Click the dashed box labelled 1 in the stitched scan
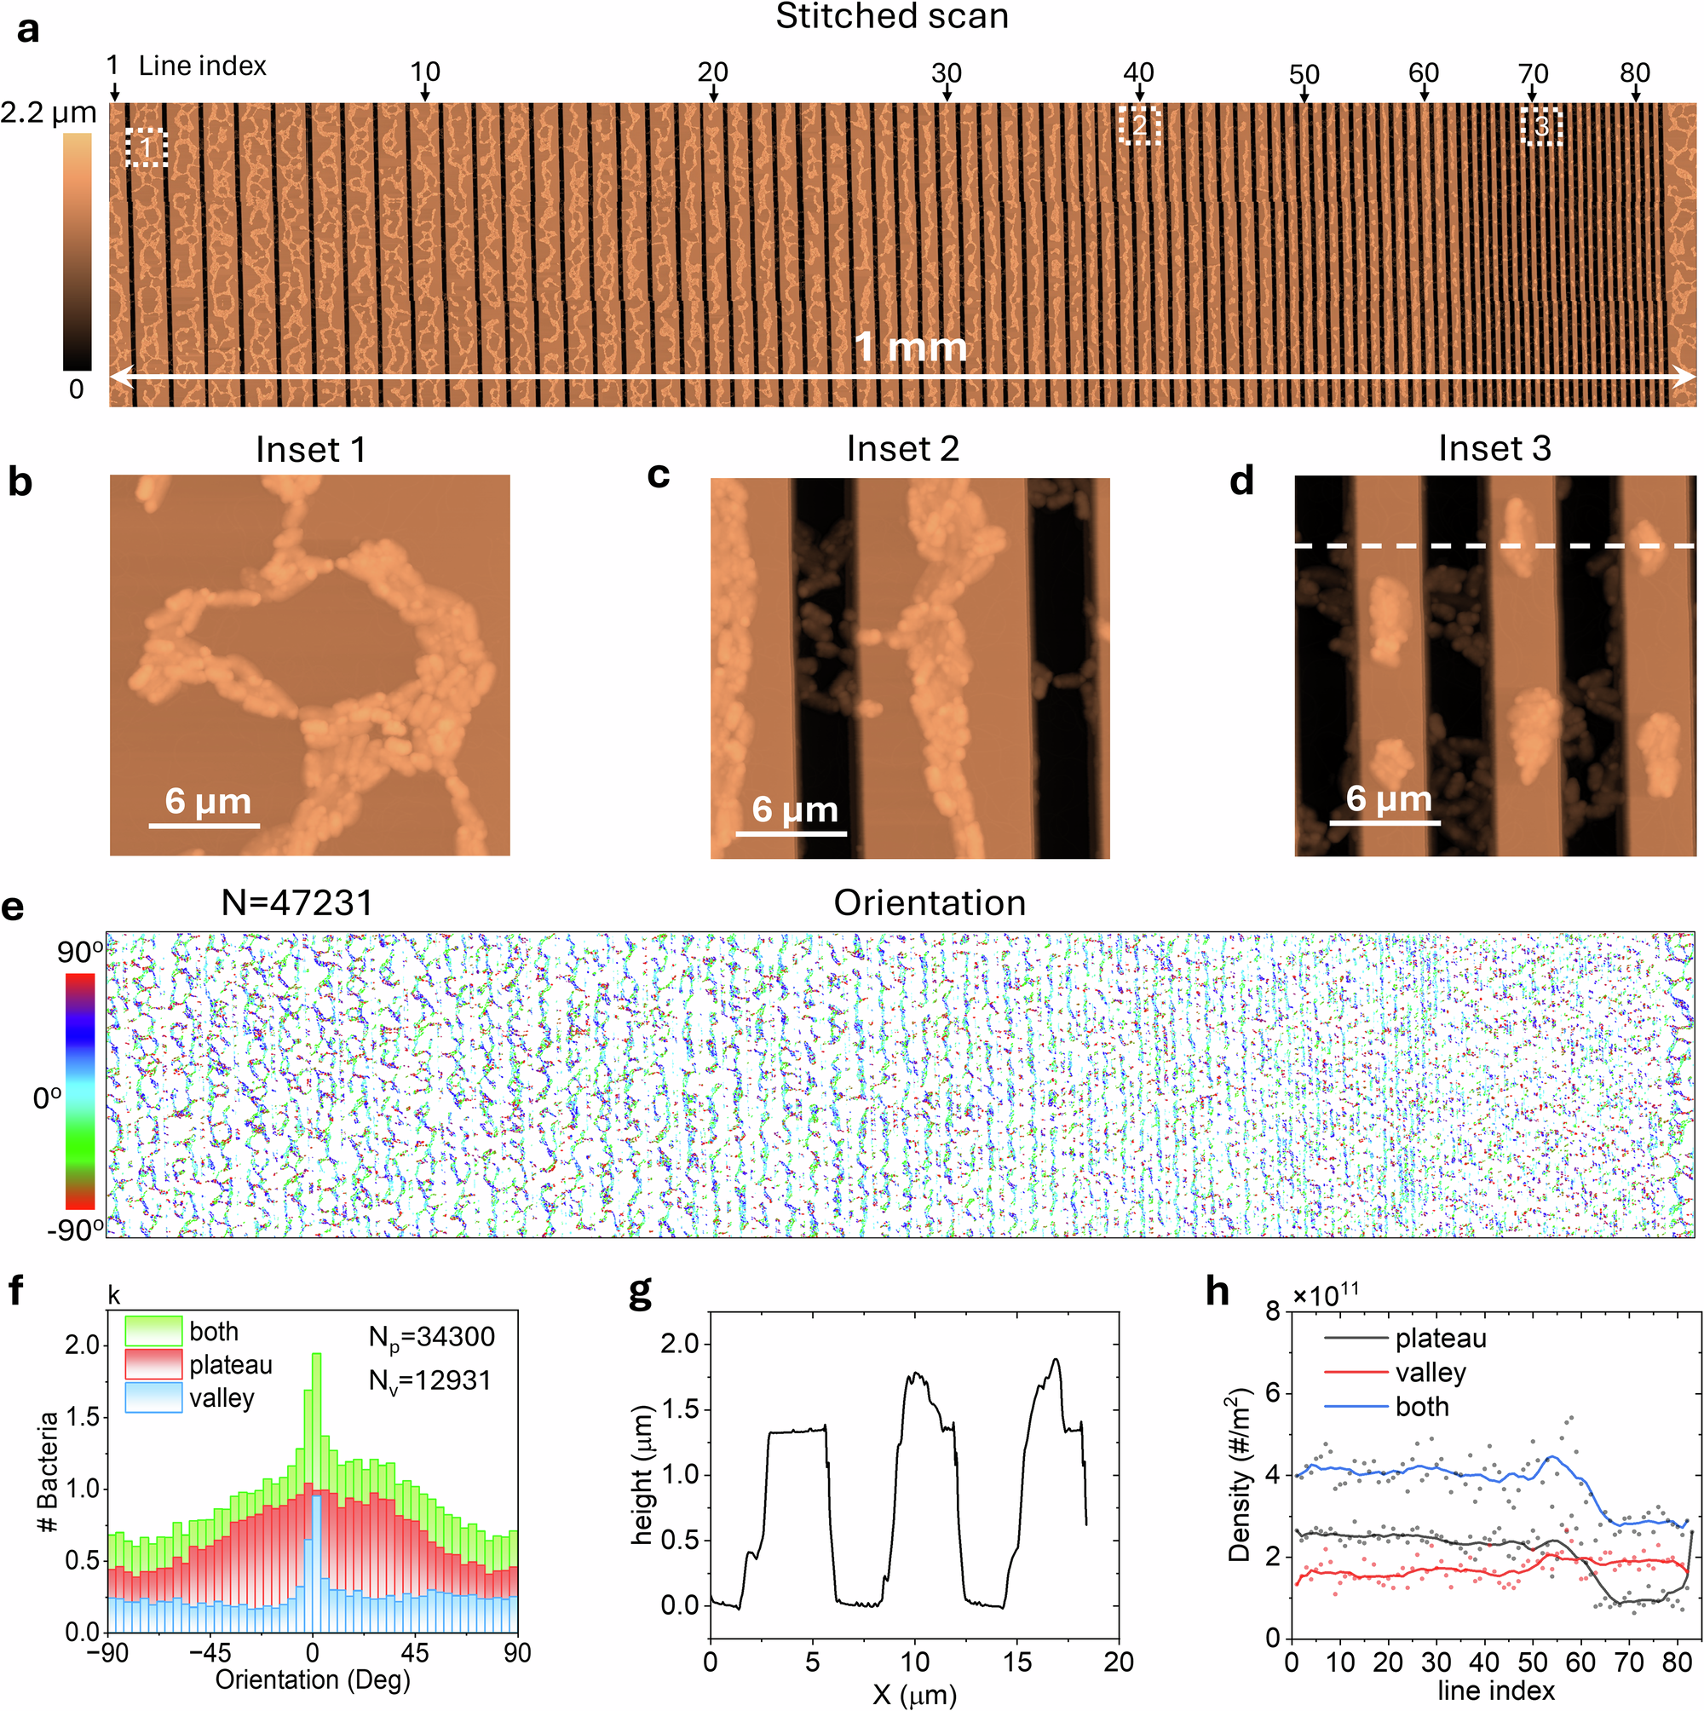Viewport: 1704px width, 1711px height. click(x=147, y=147)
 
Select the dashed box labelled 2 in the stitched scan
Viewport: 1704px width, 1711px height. click(x=1139, y=125)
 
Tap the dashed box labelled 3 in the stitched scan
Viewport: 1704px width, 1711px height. click(x=1541, y=127)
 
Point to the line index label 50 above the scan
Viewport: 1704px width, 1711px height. click(x=1304, y=74)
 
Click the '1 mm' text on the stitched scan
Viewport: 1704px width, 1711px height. click(x=911, y=346)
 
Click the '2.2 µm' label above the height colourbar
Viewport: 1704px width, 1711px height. click(x=49, y=113)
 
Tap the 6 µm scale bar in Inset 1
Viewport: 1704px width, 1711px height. click(x=204, y=825)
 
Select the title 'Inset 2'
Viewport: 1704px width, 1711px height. click(x=902, y=449)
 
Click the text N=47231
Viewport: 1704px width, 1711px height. click(x=297, y=903)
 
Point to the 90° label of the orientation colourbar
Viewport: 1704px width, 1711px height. click(x=80, y=953)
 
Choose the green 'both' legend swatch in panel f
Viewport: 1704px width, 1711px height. click(x=153, y=1332)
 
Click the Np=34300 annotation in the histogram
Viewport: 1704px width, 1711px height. click(x=431, y=1337)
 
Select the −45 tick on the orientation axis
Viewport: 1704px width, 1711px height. click(x=210, y=1653)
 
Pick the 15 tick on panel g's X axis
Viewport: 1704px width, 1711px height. click(x=1016, y=1662)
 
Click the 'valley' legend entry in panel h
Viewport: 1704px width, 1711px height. click(x=1431, y=1373)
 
